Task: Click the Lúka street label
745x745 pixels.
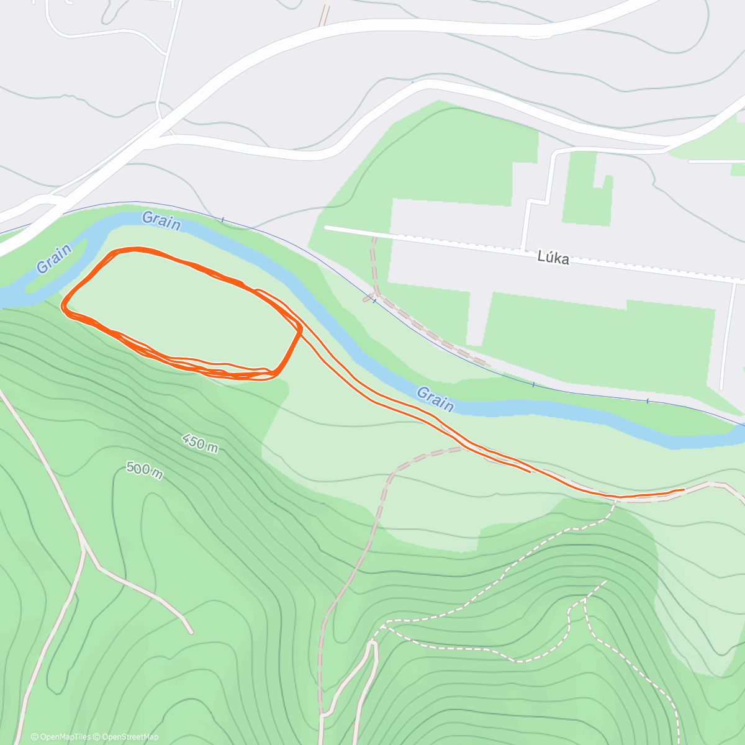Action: tap(553, 258)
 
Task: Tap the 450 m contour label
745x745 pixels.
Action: tap(200, 443)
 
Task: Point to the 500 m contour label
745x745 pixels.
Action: tap(145, 469)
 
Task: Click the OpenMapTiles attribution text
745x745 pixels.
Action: tap(60, 737)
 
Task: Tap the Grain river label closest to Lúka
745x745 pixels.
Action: tap(435, 399)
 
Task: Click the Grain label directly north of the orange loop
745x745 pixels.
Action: tap(161, 220)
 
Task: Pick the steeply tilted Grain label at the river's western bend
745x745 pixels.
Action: tap(54, 258)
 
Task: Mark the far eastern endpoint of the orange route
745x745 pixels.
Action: tap(684, 489)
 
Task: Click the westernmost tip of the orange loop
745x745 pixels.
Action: tap(63, 305)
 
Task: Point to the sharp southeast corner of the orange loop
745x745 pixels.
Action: tap(300, 331)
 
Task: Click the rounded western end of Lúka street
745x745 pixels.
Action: tap(327, 228)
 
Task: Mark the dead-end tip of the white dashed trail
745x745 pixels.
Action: tap(605, 582)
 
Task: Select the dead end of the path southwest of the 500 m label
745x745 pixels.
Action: tap(191, 633)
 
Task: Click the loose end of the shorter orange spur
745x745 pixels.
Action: tap(530, 472)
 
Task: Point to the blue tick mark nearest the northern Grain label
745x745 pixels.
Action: tap(223, 219)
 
